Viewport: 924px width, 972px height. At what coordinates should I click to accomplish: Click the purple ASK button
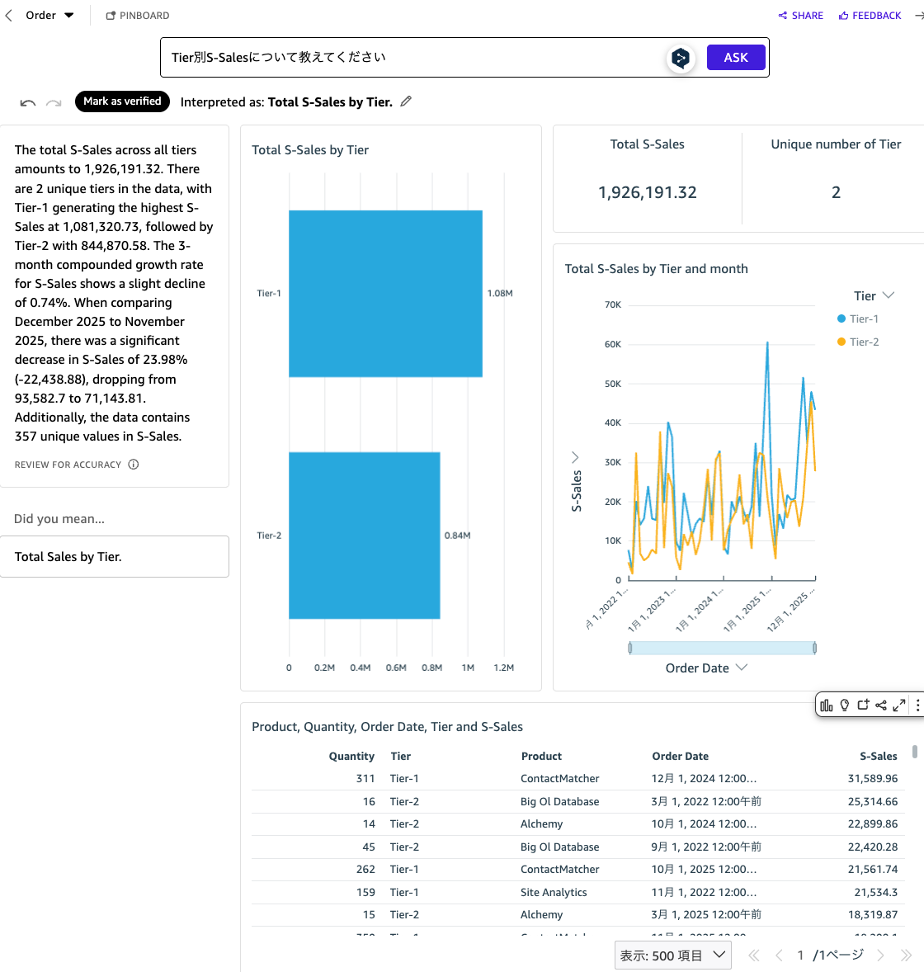pos(736,57)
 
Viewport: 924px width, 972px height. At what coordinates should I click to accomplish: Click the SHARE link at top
pos(800,16)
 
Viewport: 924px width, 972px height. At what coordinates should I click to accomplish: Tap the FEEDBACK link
pos(870,16)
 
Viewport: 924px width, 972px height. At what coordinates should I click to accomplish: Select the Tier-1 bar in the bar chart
pos(385,294)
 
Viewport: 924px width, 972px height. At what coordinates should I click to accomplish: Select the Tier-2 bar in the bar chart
pos(364,536)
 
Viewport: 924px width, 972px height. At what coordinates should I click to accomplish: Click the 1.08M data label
pos(500,294)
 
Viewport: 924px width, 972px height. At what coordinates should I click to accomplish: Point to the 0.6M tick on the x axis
pos(396,668)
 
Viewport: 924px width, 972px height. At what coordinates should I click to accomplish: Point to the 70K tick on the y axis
pos(612,305)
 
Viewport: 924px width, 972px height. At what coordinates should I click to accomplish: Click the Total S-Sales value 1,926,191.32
pos(647,192)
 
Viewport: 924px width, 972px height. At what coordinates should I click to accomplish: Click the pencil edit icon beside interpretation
pos(406,101)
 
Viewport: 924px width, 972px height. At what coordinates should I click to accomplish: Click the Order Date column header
pos(680,756)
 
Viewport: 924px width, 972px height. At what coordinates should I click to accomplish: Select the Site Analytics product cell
pos(554,892)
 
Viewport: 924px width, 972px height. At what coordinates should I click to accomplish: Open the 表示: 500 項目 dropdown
pos(672,955)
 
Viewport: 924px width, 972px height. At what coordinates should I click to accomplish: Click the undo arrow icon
pos(28,102)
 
